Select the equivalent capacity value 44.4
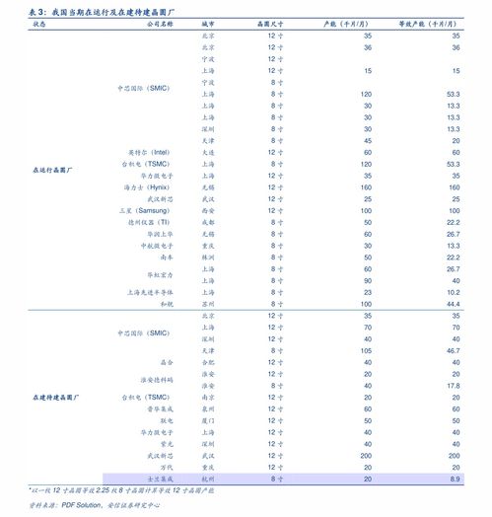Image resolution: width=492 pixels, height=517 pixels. point(454,305)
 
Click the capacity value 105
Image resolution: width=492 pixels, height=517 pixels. point(366,350)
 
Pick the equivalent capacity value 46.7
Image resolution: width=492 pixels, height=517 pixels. point(454,350)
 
